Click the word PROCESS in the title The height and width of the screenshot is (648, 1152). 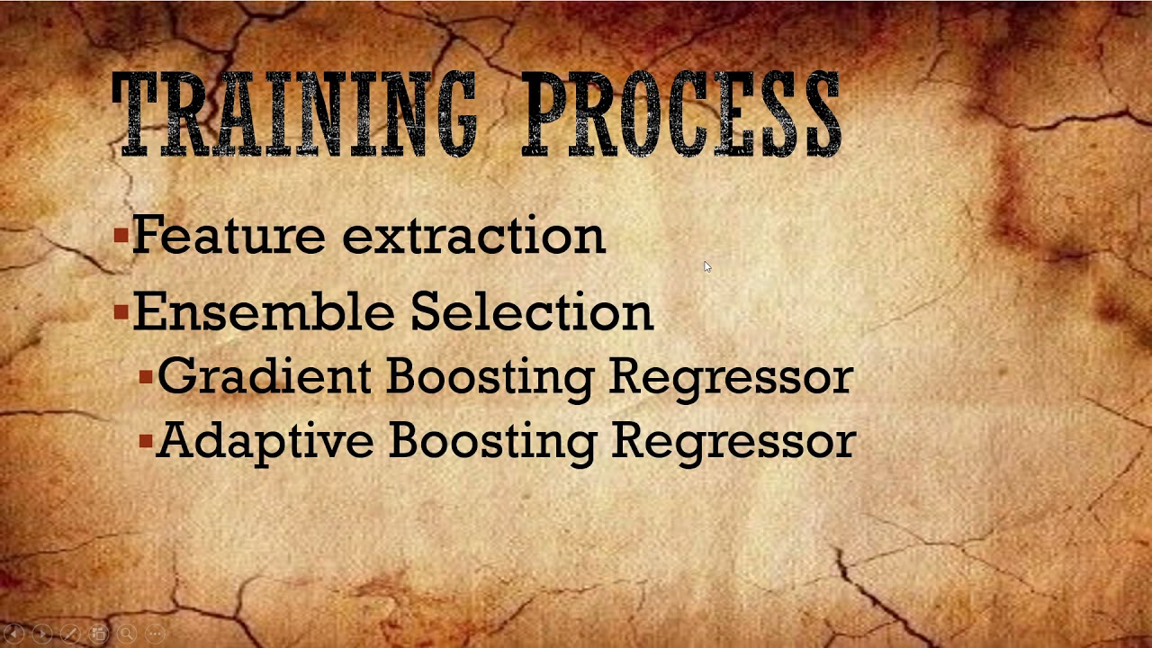[x=681, y=115]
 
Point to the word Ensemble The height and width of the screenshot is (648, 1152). [x=264, y=312]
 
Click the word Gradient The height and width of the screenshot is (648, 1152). [x=264, y=377]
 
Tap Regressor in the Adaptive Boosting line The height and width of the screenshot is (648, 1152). [x=733, y=442]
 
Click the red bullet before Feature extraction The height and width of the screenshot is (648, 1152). [x=121, y=237]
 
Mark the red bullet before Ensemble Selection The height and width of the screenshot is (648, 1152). [x=121, y=313]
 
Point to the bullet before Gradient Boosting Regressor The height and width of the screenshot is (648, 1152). [x=146, y=378]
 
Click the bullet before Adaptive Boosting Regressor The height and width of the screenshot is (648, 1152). [x=146, y=442]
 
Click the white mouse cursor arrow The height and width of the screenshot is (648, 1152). [x=706, y=266]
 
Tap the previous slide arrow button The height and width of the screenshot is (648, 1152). [x=14, y=634]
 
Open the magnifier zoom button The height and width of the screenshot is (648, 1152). [x=126, y=634]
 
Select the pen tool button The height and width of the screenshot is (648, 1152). [x=70, y=634]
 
